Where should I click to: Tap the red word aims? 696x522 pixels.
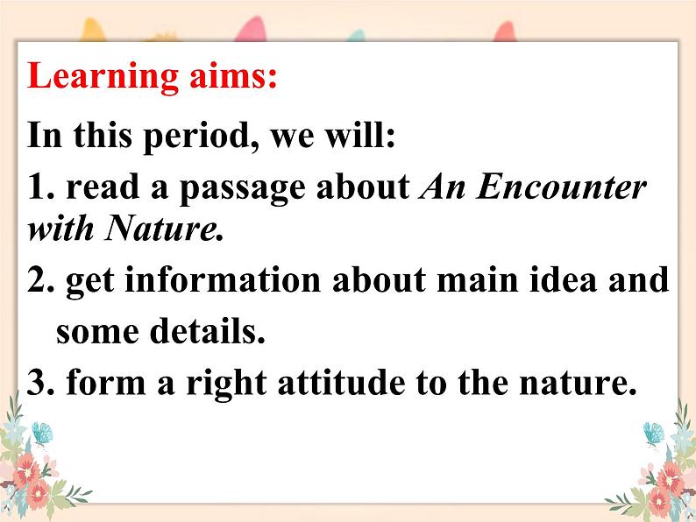pos(233,76)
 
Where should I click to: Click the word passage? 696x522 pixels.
pos(242,190)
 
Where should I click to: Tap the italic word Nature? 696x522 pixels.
pos(163,229)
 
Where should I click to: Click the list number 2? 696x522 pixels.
pos(41,279)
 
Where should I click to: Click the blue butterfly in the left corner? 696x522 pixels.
pos(42,433)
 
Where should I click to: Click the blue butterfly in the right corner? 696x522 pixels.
pos(654,434)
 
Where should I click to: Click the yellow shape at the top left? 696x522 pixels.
pos(92,30)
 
